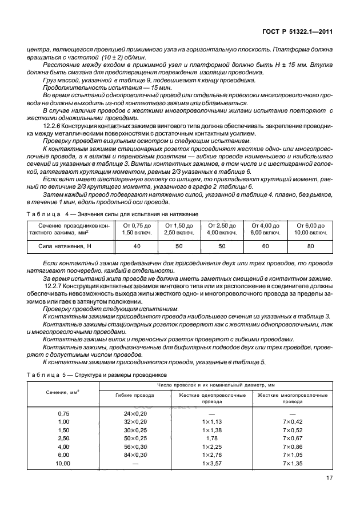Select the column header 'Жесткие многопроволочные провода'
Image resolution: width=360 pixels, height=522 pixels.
tap(293, 399)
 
